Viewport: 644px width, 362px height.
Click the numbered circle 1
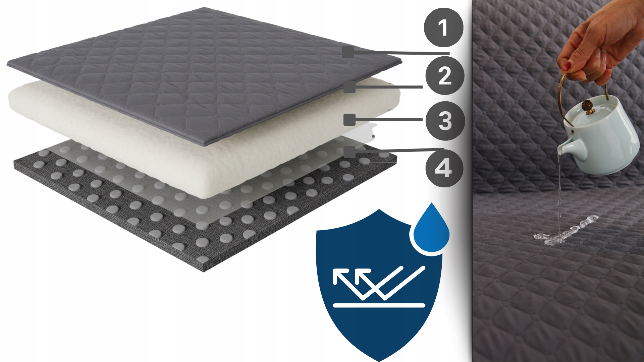443,27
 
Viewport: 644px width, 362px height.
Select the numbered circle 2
445,75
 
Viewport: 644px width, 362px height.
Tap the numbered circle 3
445,121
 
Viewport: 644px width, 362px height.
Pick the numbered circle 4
444,168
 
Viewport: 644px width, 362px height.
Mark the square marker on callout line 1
348,52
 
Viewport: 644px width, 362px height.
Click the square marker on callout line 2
349,87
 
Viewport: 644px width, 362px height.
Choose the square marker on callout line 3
350,120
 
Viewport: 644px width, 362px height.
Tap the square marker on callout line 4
350,152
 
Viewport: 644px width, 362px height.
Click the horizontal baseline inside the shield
379,305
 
